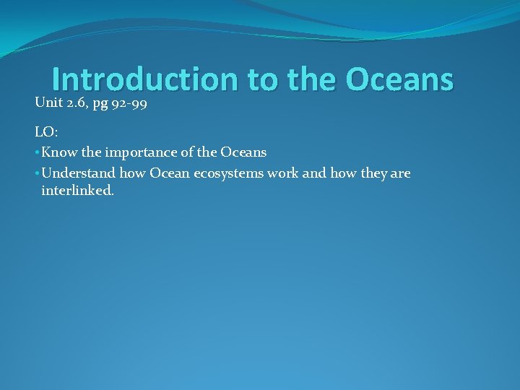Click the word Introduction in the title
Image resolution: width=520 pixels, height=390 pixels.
[145, 80]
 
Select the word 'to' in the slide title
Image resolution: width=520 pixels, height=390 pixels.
[264, 80]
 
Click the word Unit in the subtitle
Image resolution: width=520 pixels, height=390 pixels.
[48, 103]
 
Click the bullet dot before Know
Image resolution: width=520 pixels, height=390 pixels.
[37, 153]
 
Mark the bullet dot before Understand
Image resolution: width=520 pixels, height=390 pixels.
[37, 174]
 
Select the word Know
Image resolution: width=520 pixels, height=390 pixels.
[58, 152]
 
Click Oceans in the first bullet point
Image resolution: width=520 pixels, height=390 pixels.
[243, 152]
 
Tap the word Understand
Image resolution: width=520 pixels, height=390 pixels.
[78, 173]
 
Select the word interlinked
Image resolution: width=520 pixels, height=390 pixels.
[77, 191]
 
